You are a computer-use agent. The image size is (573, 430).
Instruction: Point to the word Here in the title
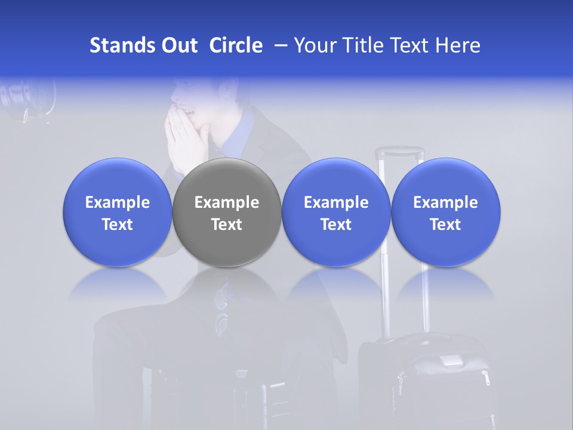tap(460, 45)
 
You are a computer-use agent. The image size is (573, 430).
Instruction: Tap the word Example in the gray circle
tap(227, 202)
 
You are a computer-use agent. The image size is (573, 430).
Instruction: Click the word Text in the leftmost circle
tap(118, 225)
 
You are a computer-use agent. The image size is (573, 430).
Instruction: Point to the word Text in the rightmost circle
tap(446, 225)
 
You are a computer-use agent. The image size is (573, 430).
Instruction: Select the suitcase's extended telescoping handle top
tap(399, 152)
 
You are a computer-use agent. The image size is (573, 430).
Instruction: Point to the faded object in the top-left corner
tap(27, 99)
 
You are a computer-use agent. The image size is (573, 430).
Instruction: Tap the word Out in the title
tap(178, 45)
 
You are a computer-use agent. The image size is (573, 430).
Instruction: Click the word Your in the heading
tap(314, 45)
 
